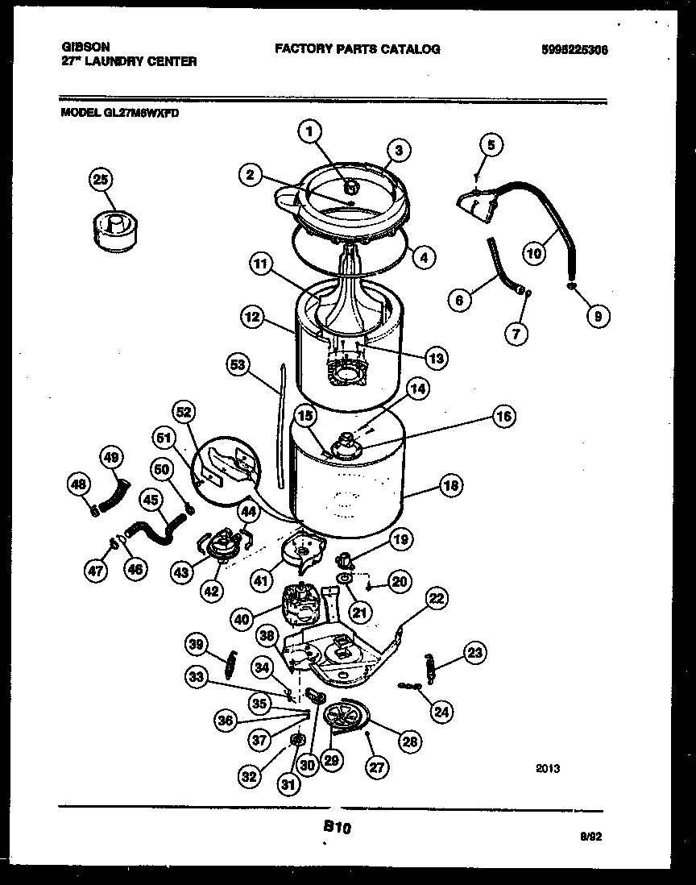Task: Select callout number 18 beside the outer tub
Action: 450,486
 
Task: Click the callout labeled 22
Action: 436,599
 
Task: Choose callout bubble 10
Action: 534,252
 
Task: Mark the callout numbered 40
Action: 241,618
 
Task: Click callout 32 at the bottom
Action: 251,777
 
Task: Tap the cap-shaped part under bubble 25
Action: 113,226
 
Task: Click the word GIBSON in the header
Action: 85,48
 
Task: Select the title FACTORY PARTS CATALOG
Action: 358,49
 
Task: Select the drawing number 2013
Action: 547,769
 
